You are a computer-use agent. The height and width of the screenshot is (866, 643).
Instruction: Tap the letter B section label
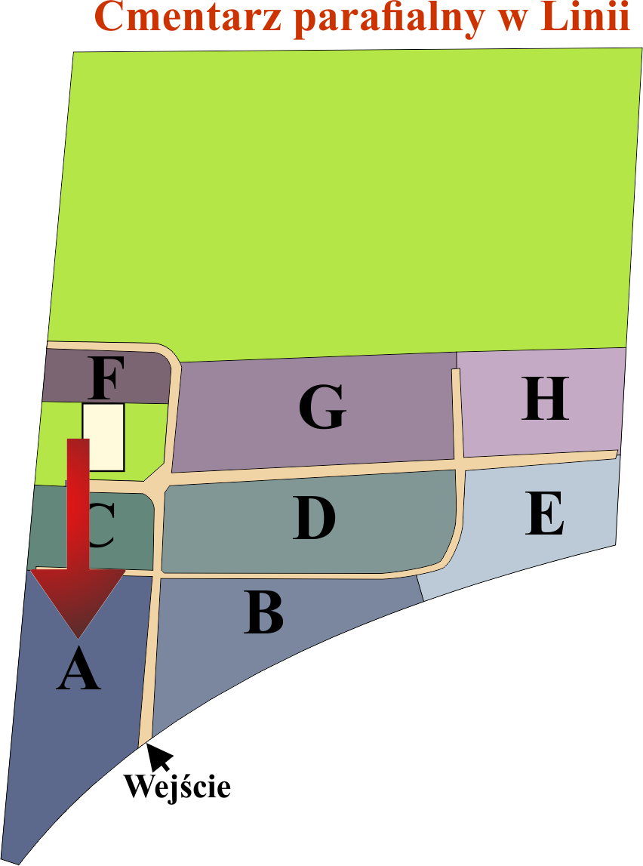tap(264, 612)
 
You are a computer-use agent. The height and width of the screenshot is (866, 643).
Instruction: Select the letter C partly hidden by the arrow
tap(102, 525)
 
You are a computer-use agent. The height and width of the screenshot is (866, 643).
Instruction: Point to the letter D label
tap(314, 517)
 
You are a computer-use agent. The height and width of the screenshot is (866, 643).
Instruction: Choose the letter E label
tap(544, 513)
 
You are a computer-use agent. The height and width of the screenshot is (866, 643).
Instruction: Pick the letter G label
tap(322, 407)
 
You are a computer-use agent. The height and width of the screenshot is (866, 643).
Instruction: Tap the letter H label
tap(545, 398)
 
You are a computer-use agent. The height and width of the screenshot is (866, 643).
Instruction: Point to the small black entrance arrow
tap(159, 757)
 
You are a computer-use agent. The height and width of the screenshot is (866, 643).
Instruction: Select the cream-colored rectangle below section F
tap(103, 437)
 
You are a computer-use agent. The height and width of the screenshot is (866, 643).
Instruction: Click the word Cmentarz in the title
tap(189, 17)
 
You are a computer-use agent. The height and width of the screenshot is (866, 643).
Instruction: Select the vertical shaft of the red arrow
tap(78, 504)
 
